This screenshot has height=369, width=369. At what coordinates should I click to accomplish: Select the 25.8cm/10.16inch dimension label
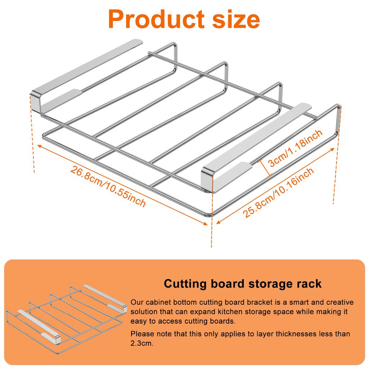[x=278, y=193]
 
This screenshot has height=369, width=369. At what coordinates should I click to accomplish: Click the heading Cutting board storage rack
[x=243, y=284]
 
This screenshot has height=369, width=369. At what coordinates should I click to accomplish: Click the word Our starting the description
[x=137, y=302]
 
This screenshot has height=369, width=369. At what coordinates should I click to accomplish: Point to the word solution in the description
[x=143, y=311]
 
